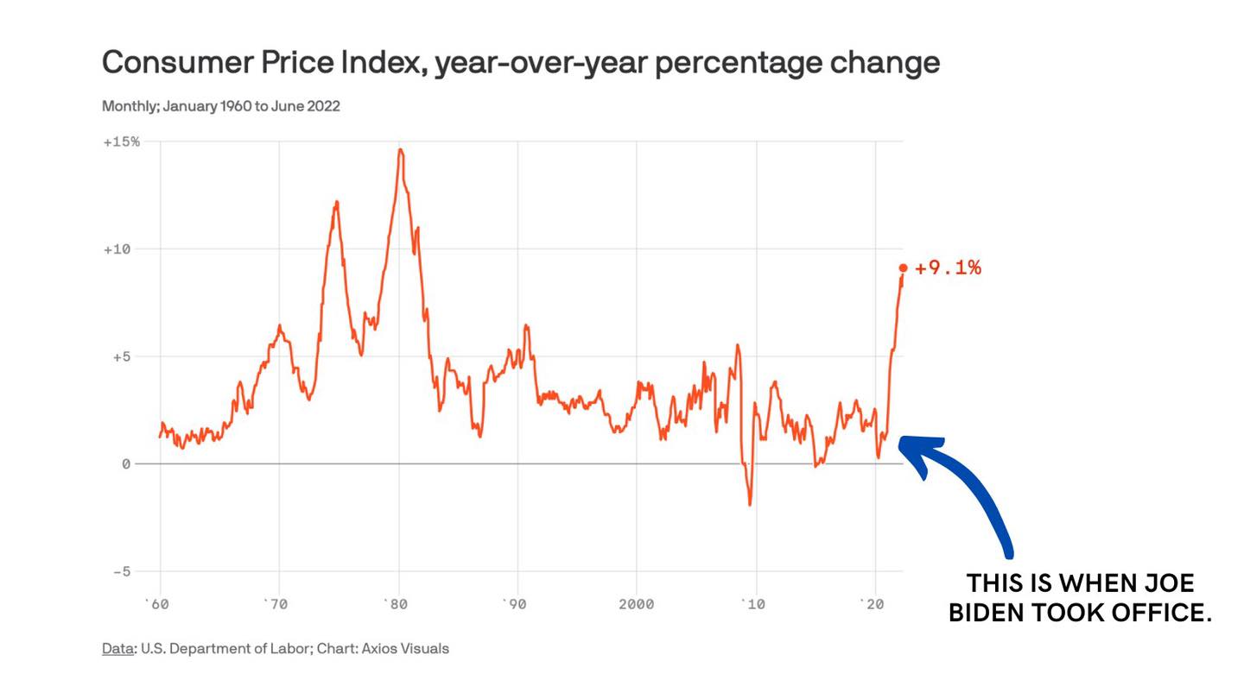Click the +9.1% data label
click(x=948, y=268)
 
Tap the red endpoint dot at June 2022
click(x=904, y=268)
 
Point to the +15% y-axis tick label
click(x=121, y=142)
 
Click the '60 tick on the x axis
click(x=157, y=604)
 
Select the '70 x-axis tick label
click(x=276, y=604)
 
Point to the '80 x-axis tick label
click(x=396, y=604)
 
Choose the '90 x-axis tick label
click(x=516, y=604)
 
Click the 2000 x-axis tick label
click(x=636, y=604)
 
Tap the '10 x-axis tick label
click(x=754, y=604)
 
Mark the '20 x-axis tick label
click(x=873, y=604)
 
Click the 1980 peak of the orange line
click(x=400, y=150)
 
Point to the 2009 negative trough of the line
click(x=750, y=504)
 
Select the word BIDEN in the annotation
click(x=993, y=613)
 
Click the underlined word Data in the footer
click(x=117, y=648)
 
